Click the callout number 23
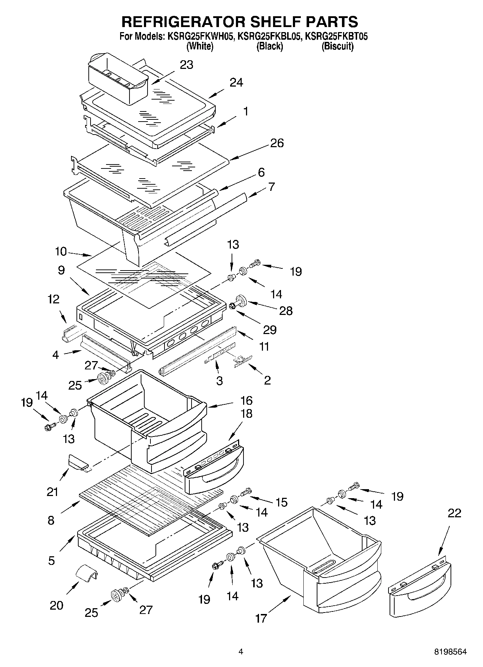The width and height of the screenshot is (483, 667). [x=186, y=65]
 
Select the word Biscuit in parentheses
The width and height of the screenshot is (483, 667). [x=337, y=46]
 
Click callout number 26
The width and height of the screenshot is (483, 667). [x=277, y=143]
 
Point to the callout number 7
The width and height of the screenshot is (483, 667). [x=271, y=187]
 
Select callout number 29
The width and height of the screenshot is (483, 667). [x=269, y=329]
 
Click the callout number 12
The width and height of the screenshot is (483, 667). [x=54, y=299]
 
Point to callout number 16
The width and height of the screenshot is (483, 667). [x=246, y=400]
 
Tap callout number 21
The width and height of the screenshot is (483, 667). [x=52, y=491]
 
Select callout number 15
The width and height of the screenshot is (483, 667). [x=281, y=502]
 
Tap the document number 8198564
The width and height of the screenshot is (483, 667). [x=450, y=651]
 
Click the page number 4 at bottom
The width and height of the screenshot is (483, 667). [x=241, y=651]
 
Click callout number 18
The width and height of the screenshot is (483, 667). [x=246, y=414]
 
